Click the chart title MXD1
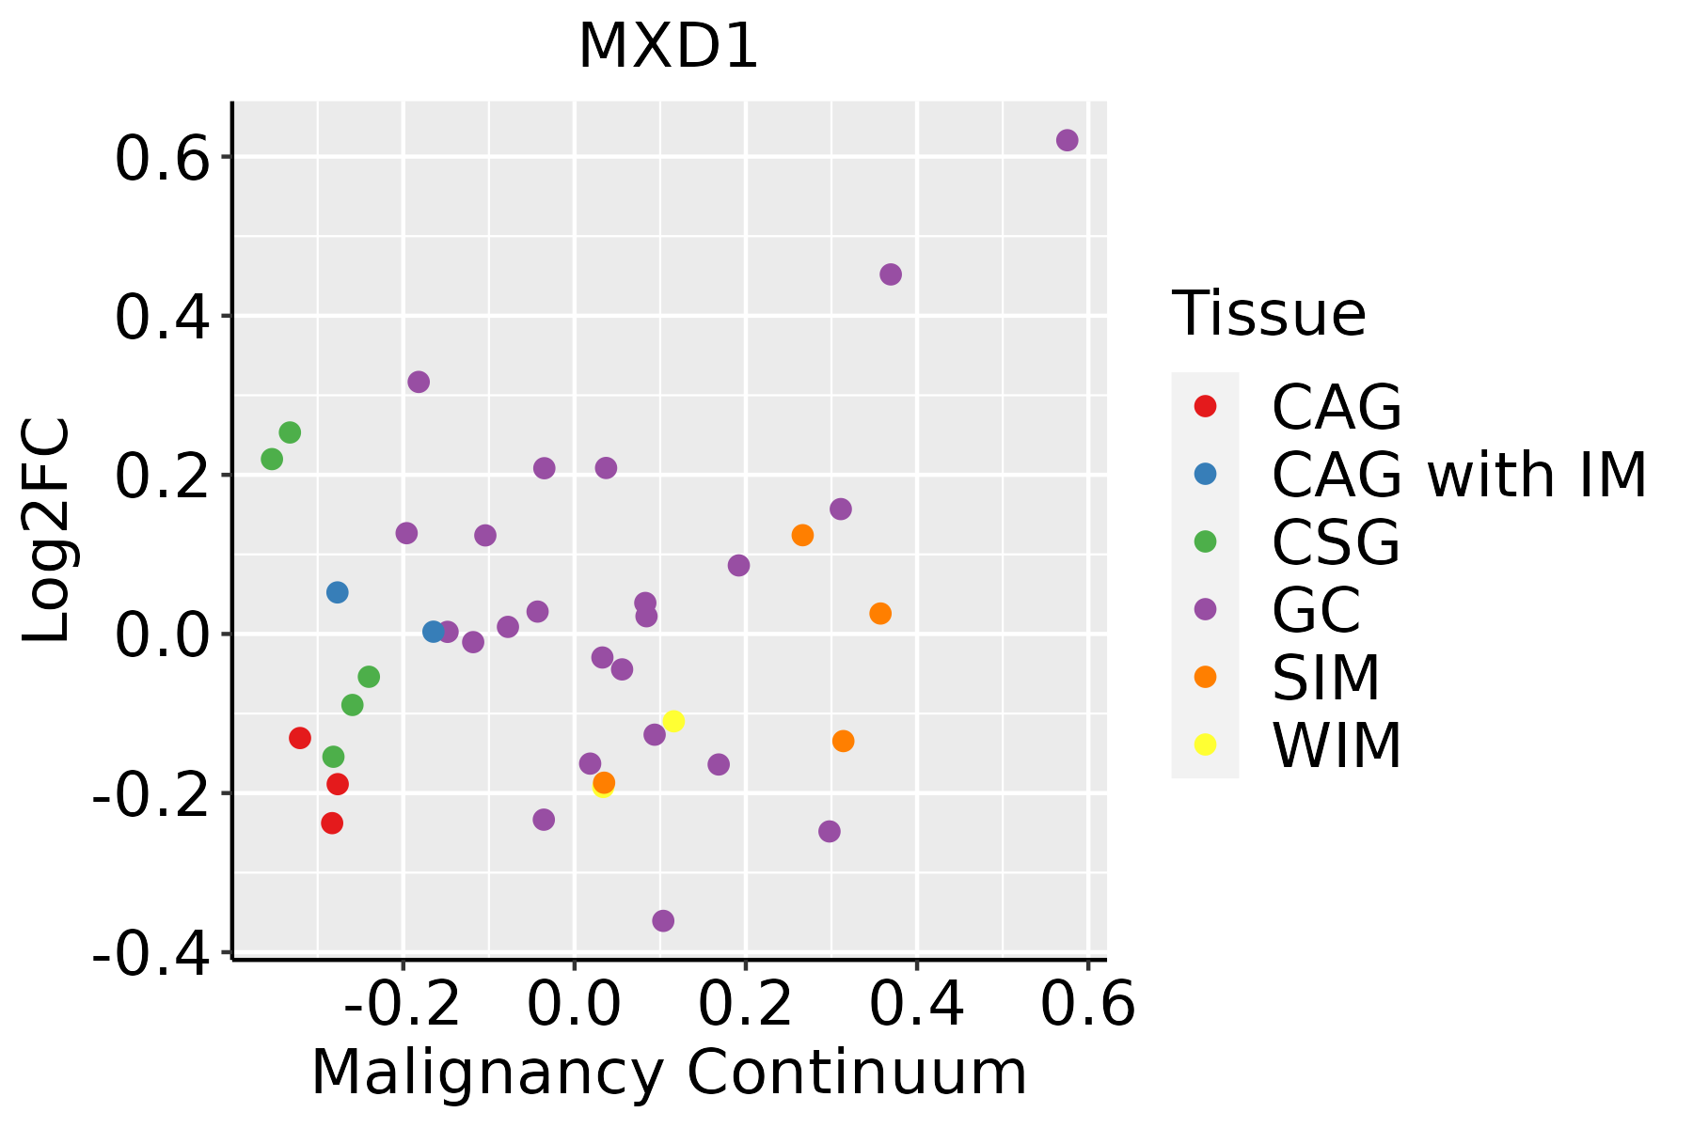pos(668,47)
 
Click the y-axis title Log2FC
pos(47,531)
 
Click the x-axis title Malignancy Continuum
pos(669,1073)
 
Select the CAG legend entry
pos(1336,407)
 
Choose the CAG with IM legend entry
pos(1458,475)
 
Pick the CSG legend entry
pos(1336,542)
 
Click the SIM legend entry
pos(1325,677)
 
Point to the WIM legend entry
pos(1336,745)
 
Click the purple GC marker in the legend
pos(1205,609)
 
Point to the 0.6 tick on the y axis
pos(161,158)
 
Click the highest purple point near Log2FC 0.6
pos(1067,140)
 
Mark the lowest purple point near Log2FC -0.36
pos(663,920)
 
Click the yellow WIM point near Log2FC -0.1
pos(673,721)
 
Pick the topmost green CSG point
pos(290,432)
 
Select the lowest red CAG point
pos(332,822)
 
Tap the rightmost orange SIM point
pos(880,614)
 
